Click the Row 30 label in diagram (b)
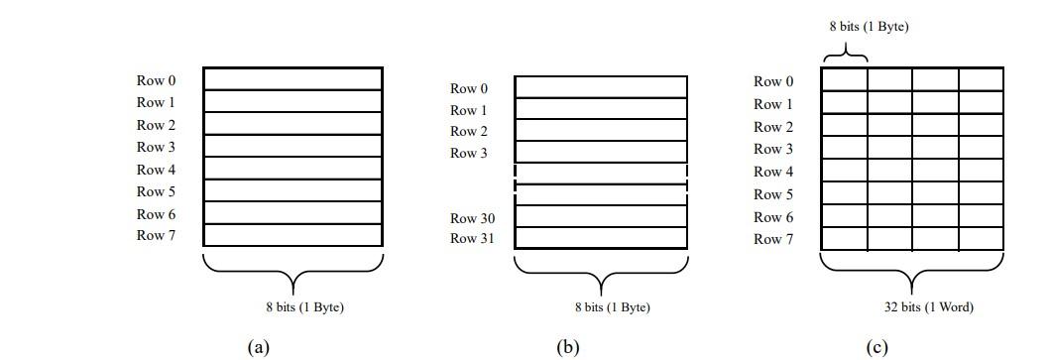pos(473,218)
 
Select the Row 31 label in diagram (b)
pos(473,238)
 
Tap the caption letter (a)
pos(258,346)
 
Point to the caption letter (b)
pos(568,346)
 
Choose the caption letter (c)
pos(876,346)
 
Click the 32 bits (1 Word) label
pos(928,307)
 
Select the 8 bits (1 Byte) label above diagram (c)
pos(869,27)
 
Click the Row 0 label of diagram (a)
pos(157,80)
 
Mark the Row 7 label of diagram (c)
pos(773,239)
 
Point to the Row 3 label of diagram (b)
pos(469,153)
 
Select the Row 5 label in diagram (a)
pos(157,191)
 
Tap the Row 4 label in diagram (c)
pos(773,172)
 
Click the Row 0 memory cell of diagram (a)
pos(292,78)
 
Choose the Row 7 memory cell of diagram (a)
pos(292,235)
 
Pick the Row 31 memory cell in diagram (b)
pos(601,238)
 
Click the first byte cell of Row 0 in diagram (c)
pos(845,78)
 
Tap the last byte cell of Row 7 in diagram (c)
pos(981,239)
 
